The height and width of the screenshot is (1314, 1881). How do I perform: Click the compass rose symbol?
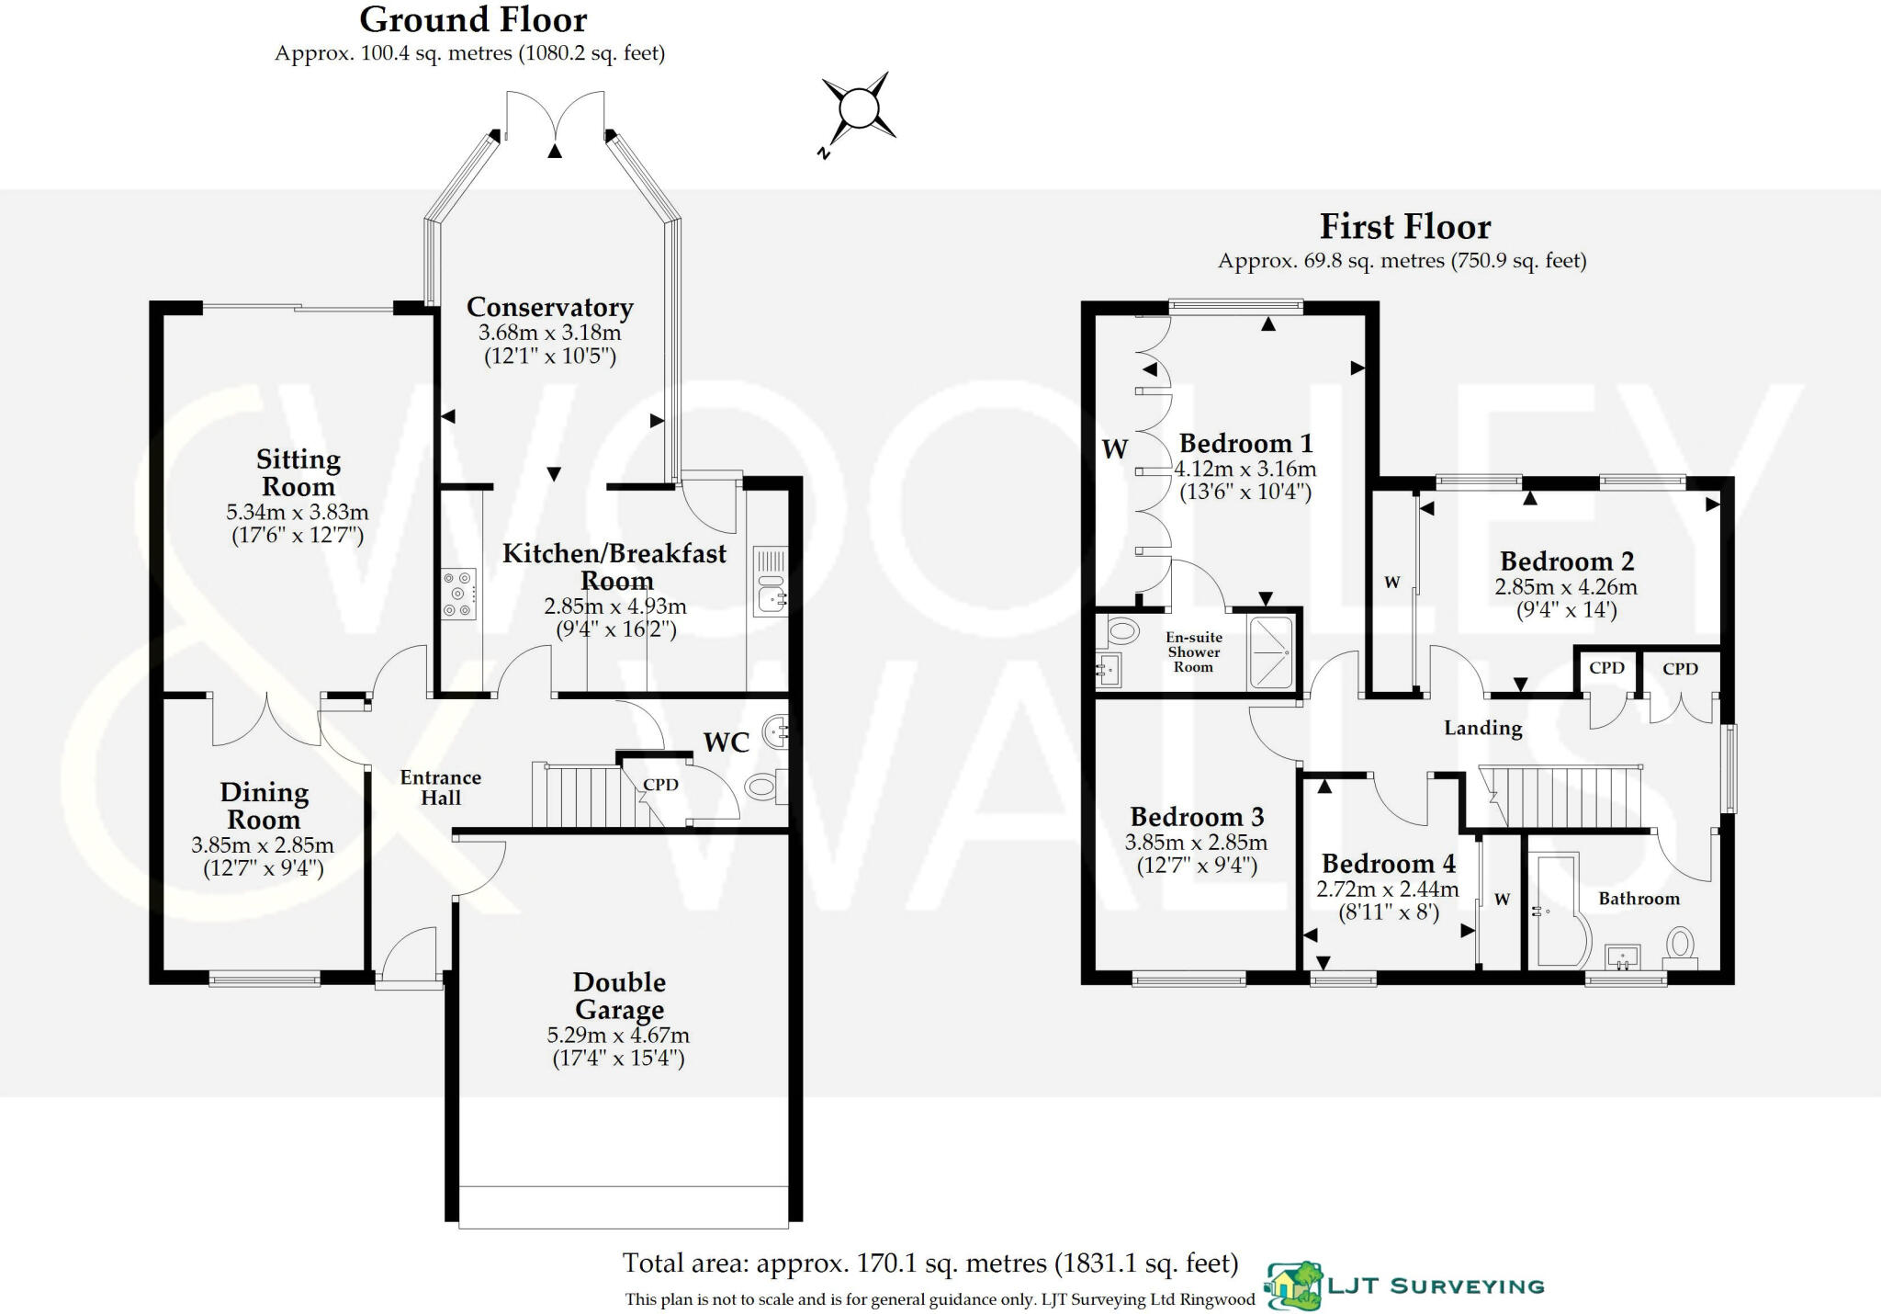click(x=858, y=109)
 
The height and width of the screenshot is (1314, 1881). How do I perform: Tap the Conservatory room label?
click(x=549, y=307)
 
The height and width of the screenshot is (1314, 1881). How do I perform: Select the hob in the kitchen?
click(x=458, y=595)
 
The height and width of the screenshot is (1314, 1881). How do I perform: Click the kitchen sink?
click(x=770, y=582)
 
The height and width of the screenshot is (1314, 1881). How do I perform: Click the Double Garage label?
click(x=619, y=996)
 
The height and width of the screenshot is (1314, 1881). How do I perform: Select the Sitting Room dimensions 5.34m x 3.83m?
click(x=298, y=512)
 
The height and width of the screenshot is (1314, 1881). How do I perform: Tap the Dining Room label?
click(x=264, y=806)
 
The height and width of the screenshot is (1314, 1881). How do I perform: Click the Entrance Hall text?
click(x=441, y=787)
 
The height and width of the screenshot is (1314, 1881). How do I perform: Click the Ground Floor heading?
click(x=473, y=19)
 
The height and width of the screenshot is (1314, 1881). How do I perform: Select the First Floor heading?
click(x=1404, y=226)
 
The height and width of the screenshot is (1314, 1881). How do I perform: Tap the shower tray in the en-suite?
click(x=1271, y=651)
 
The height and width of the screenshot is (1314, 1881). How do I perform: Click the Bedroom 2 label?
click(x=1566, y=561)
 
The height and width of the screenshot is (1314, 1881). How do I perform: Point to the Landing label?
click(x=1482, y=728)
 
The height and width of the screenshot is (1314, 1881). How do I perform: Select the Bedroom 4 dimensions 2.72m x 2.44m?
click(x=1387, y=889)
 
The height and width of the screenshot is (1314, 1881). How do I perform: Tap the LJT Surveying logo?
click(x=1405, y=1286)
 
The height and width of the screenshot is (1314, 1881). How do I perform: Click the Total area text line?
click(x=929, y=1263)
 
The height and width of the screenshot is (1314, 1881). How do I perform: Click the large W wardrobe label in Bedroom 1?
click(x=1114, y=449)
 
